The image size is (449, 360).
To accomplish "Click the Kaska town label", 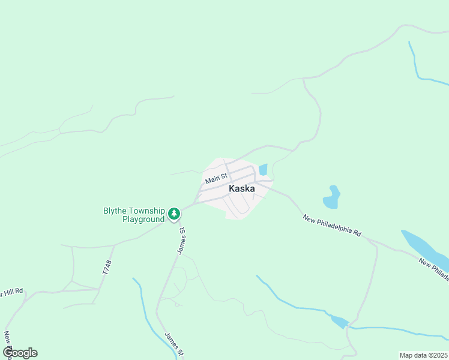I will (x=242, y=188).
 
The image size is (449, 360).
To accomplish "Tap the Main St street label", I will (x=215, y=178).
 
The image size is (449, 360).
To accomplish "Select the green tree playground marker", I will (x=174, y=213).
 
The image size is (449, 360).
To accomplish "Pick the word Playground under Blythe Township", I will (x=143, y=220).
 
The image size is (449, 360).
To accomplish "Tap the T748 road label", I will (x=107, y=268).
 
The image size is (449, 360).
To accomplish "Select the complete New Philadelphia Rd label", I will (x=332, y=226).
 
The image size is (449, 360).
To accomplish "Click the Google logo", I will (x=20, y=353).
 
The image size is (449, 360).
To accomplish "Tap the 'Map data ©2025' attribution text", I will (x=424, y=355).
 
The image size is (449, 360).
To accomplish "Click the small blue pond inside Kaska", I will (x=262, y=170).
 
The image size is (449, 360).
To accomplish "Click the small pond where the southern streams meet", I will (x=339, y=322).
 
